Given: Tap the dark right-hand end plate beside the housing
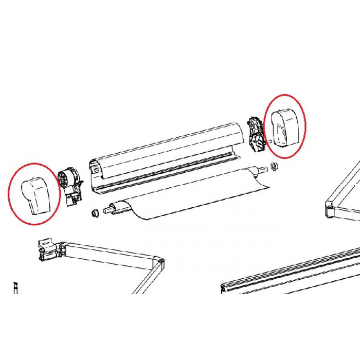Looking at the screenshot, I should [255, 135].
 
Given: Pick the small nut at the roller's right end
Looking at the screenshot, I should [275, 166].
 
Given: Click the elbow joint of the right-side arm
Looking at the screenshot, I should [330, 208].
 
